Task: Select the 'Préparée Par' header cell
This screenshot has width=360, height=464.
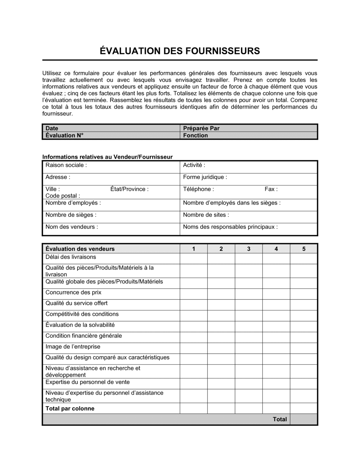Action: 201,128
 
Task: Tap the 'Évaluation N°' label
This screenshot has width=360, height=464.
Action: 64,136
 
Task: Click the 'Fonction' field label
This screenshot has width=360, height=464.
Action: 195,136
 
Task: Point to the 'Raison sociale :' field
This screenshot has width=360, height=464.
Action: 66,165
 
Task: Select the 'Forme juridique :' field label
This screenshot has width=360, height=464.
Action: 205,177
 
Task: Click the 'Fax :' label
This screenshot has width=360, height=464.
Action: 271,189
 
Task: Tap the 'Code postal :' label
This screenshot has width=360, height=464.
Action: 63,196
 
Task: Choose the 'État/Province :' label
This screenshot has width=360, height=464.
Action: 129,189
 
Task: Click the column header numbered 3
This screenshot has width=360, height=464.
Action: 249,249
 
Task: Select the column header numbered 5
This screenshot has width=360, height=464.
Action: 303,249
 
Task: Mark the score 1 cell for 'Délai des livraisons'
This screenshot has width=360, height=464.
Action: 194,259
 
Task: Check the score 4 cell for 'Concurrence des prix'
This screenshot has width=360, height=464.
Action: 276,294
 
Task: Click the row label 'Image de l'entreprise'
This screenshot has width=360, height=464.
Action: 73,347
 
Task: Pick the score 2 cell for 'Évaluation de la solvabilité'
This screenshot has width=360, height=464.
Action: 221,326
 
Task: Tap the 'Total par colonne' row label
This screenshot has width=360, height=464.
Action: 70,409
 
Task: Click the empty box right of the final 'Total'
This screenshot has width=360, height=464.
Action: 303,419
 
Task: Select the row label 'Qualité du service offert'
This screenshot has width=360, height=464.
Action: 76,303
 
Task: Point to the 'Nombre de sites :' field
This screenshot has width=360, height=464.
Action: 206,215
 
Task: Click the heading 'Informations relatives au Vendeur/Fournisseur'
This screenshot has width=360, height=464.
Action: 107,157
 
